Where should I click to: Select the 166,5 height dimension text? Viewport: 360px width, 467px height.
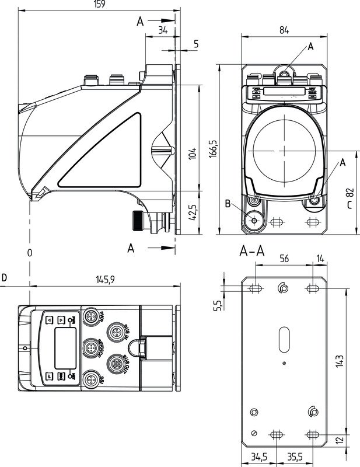coord(213,149)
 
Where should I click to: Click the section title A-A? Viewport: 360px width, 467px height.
coord(252,252)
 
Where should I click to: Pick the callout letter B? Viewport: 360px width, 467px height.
coord(228,204)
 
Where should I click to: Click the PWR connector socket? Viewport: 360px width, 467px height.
coord(90,318)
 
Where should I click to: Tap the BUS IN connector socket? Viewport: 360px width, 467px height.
coord(114,332)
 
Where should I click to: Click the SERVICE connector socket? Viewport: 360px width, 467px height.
coord(90,348)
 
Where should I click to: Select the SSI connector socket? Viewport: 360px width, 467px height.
coord(90,379)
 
